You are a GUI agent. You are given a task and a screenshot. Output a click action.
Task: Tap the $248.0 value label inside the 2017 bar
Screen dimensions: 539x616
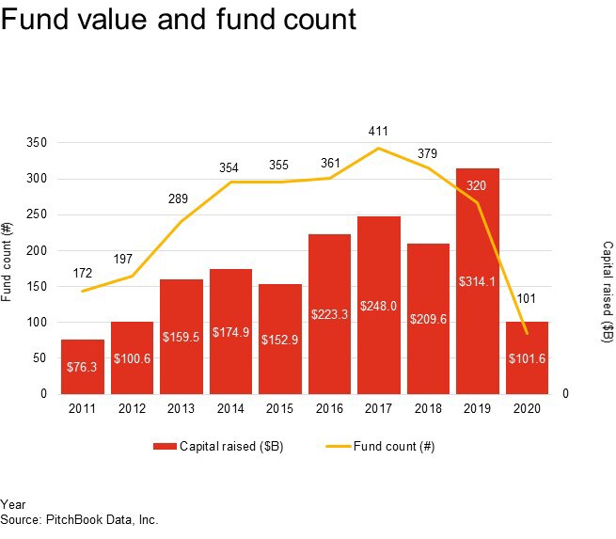pyautogui.click(x=378, y=306)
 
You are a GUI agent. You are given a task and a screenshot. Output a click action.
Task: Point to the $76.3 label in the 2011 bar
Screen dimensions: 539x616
pyautogui.click(x=82, y=366)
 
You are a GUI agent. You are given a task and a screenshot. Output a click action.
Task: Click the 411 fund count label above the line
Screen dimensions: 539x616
pyautogui.click(x=379, y=132)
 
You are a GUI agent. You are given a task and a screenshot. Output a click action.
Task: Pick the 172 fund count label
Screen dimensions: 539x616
pyautogui.click(x=84, y=274)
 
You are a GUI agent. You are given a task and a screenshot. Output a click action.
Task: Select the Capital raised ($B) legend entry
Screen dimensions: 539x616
pyautogui.click(x=217, y=447)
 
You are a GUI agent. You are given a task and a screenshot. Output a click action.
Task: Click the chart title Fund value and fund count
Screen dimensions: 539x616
pyautogui.click(x=179, y=20)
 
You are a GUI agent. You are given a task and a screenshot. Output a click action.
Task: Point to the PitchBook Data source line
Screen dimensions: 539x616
pyautogui.click(x=79, y=519)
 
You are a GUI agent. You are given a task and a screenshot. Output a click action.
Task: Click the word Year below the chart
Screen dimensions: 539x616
pyautogui.click(x=13, y=505)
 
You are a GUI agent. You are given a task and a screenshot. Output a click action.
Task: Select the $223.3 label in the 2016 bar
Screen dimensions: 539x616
pyautogui.click(x=329, y=314)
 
